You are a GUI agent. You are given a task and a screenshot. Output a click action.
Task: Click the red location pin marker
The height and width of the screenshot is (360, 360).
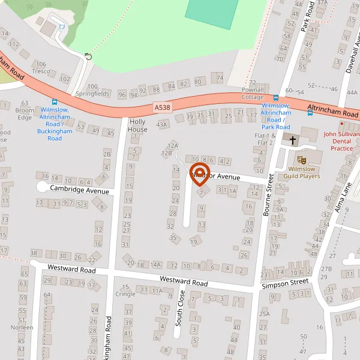(x=199, y=174)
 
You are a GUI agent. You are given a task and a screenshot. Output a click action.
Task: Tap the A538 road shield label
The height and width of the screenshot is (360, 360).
(x=161, y=107)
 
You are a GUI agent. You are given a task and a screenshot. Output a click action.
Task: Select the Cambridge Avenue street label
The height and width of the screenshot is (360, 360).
(x=80, y=189)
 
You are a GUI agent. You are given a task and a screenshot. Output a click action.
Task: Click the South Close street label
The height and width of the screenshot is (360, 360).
(x=179, y=308)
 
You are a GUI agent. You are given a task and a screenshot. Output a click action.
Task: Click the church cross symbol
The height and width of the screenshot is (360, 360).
(x=293, y=140)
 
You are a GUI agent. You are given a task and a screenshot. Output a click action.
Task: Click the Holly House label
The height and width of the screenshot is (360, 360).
(x=137, y=125)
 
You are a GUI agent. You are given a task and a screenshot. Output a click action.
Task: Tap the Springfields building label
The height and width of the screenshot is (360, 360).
(x=92, y=94)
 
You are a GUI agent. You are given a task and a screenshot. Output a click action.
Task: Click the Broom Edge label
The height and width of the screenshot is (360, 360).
(x=24, y=114)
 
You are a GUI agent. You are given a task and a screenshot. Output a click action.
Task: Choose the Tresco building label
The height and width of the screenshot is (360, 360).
(x=41, y=71)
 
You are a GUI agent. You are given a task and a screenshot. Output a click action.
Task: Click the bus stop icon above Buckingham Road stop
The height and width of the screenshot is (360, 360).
(x=55, y=103)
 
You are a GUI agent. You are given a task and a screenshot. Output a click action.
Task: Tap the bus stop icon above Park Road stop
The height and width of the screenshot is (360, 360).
(x=275, y=98)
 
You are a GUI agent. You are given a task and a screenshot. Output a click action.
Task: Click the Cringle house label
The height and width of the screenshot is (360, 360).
(x=125, y=294)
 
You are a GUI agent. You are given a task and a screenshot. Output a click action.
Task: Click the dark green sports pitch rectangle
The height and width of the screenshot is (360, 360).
(x=211, y=13)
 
